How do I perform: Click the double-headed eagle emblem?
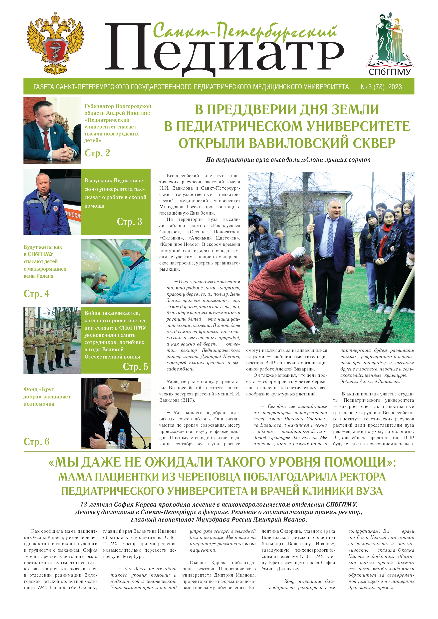tap(55, 43)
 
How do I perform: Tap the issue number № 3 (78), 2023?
tap(381, 87)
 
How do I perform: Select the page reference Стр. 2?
tap(97, 153)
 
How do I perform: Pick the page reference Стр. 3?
tap(129, 222)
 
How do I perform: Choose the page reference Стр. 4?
tap(36, 294)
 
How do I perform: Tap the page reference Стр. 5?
tap(136, 367)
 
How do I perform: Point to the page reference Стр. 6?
tap(36, 442)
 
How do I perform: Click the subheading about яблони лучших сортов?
tap(288, 160)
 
